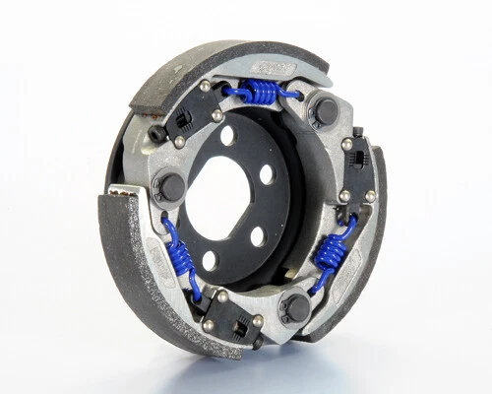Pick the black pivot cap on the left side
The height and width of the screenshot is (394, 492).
point(169,188)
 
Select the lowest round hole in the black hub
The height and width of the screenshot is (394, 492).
point(210,261)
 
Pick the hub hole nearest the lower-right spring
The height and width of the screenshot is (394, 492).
point(257,236)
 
